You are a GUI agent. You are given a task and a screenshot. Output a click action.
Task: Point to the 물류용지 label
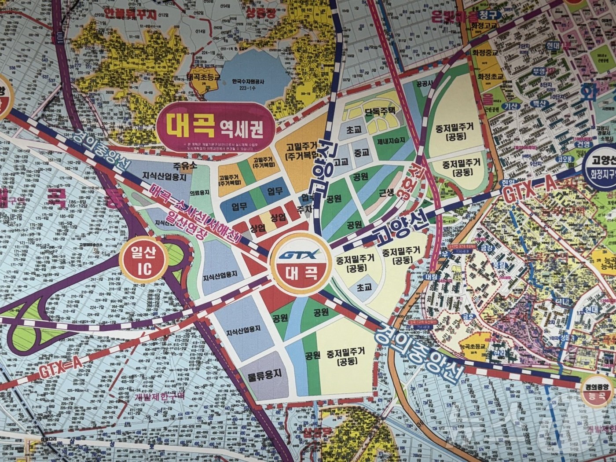pyautogui.click(x=264, y=375)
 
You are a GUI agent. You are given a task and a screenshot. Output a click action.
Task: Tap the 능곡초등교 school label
pyautogui.click(x=473, y=346)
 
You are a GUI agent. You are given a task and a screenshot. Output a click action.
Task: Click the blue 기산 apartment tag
pyautogui.click(x=511, y=106)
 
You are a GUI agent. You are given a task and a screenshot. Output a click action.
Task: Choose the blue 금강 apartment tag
pyautogui.click(x=487, y=248)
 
